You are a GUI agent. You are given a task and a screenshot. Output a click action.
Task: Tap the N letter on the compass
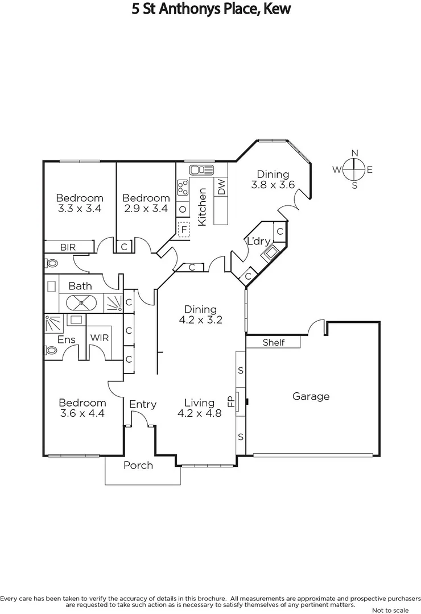[x=354, y=153]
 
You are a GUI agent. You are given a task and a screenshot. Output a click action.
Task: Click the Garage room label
[x=311, y=396]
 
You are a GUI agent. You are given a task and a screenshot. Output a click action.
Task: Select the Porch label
[x=138, y=465]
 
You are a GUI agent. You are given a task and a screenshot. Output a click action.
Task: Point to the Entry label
[x=142, y=404]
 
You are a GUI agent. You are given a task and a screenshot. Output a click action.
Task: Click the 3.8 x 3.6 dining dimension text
[x=273, y=185]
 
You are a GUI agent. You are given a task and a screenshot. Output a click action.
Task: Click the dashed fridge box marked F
[x=184, y=230]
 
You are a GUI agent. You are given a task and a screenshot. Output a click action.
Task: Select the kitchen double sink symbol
[x=201, y=169]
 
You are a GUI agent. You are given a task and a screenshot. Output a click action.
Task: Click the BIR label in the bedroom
[x=68, y=247]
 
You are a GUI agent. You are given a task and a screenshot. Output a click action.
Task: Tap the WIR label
[x=100, y=337]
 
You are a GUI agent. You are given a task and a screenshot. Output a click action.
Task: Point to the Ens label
[x=66, y=339]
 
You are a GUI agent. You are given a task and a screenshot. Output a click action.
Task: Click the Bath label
[x=80, y=285]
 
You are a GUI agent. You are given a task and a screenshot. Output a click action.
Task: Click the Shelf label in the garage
[x=273, y=342]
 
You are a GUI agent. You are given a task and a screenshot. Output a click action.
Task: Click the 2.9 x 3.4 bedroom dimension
[x=146, y=209]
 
